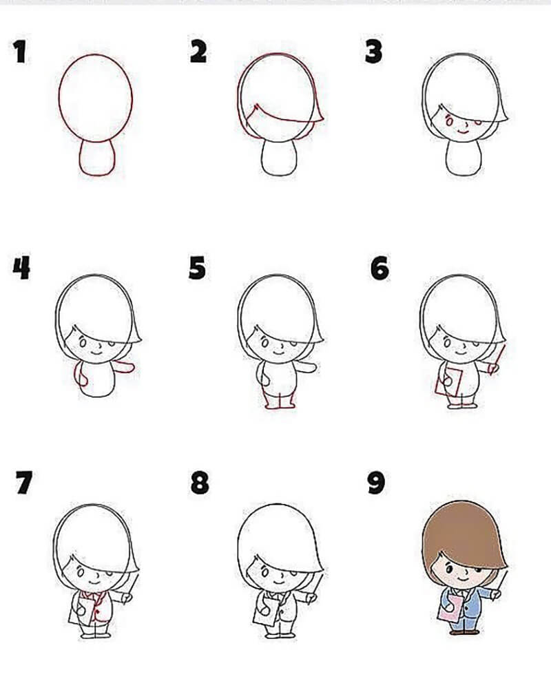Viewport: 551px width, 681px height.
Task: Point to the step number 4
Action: [x=21, y=267]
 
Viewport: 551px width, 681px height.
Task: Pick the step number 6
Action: [x=380, y=268]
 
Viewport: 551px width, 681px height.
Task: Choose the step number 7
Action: [x=24, y=482]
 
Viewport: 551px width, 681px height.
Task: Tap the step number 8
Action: [x=200, y=483]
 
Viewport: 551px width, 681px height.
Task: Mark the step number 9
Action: [x=376, y=483]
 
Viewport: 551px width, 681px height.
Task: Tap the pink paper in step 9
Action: [x=450, y=608]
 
